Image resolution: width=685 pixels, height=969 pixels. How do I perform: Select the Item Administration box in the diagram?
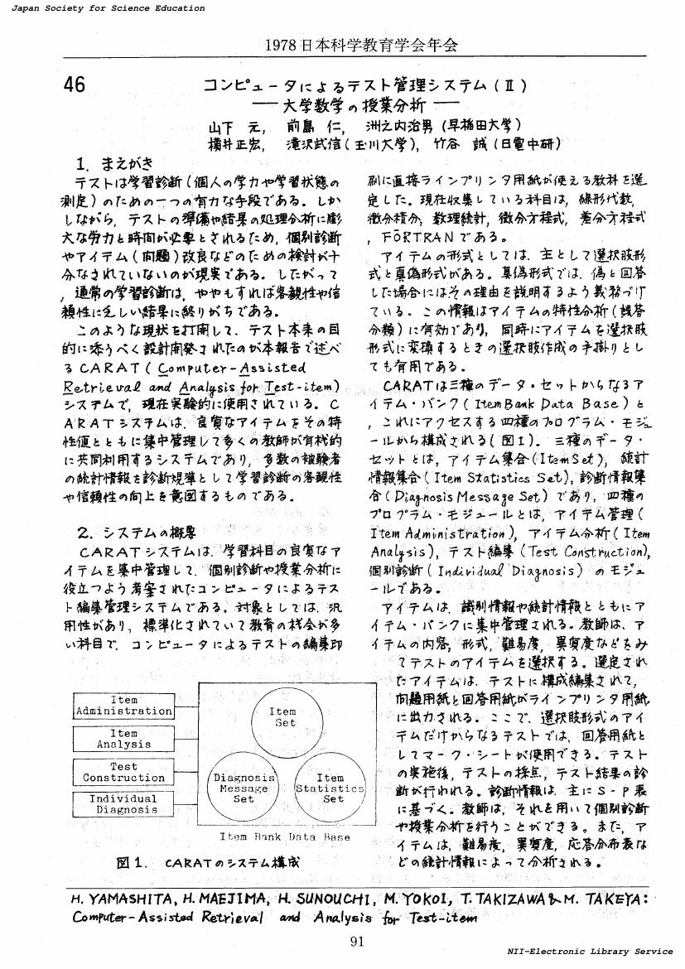tap(124, 706)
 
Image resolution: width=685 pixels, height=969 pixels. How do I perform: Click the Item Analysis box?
tap(124, 739)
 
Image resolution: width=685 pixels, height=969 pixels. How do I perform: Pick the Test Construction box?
tap(124, 772)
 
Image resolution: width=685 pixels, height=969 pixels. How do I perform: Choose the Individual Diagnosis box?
tap(124, 804)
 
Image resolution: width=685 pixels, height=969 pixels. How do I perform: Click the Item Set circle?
tap(282, 716)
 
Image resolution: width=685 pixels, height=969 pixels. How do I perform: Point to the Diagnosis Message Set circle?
tap(244, 788)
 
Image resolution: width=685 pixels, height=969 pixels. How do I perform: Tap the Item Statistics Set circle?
tap(330, 788)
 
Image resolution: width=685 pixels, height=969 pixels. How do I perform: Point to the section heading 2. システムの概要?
tap(136, 532)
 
